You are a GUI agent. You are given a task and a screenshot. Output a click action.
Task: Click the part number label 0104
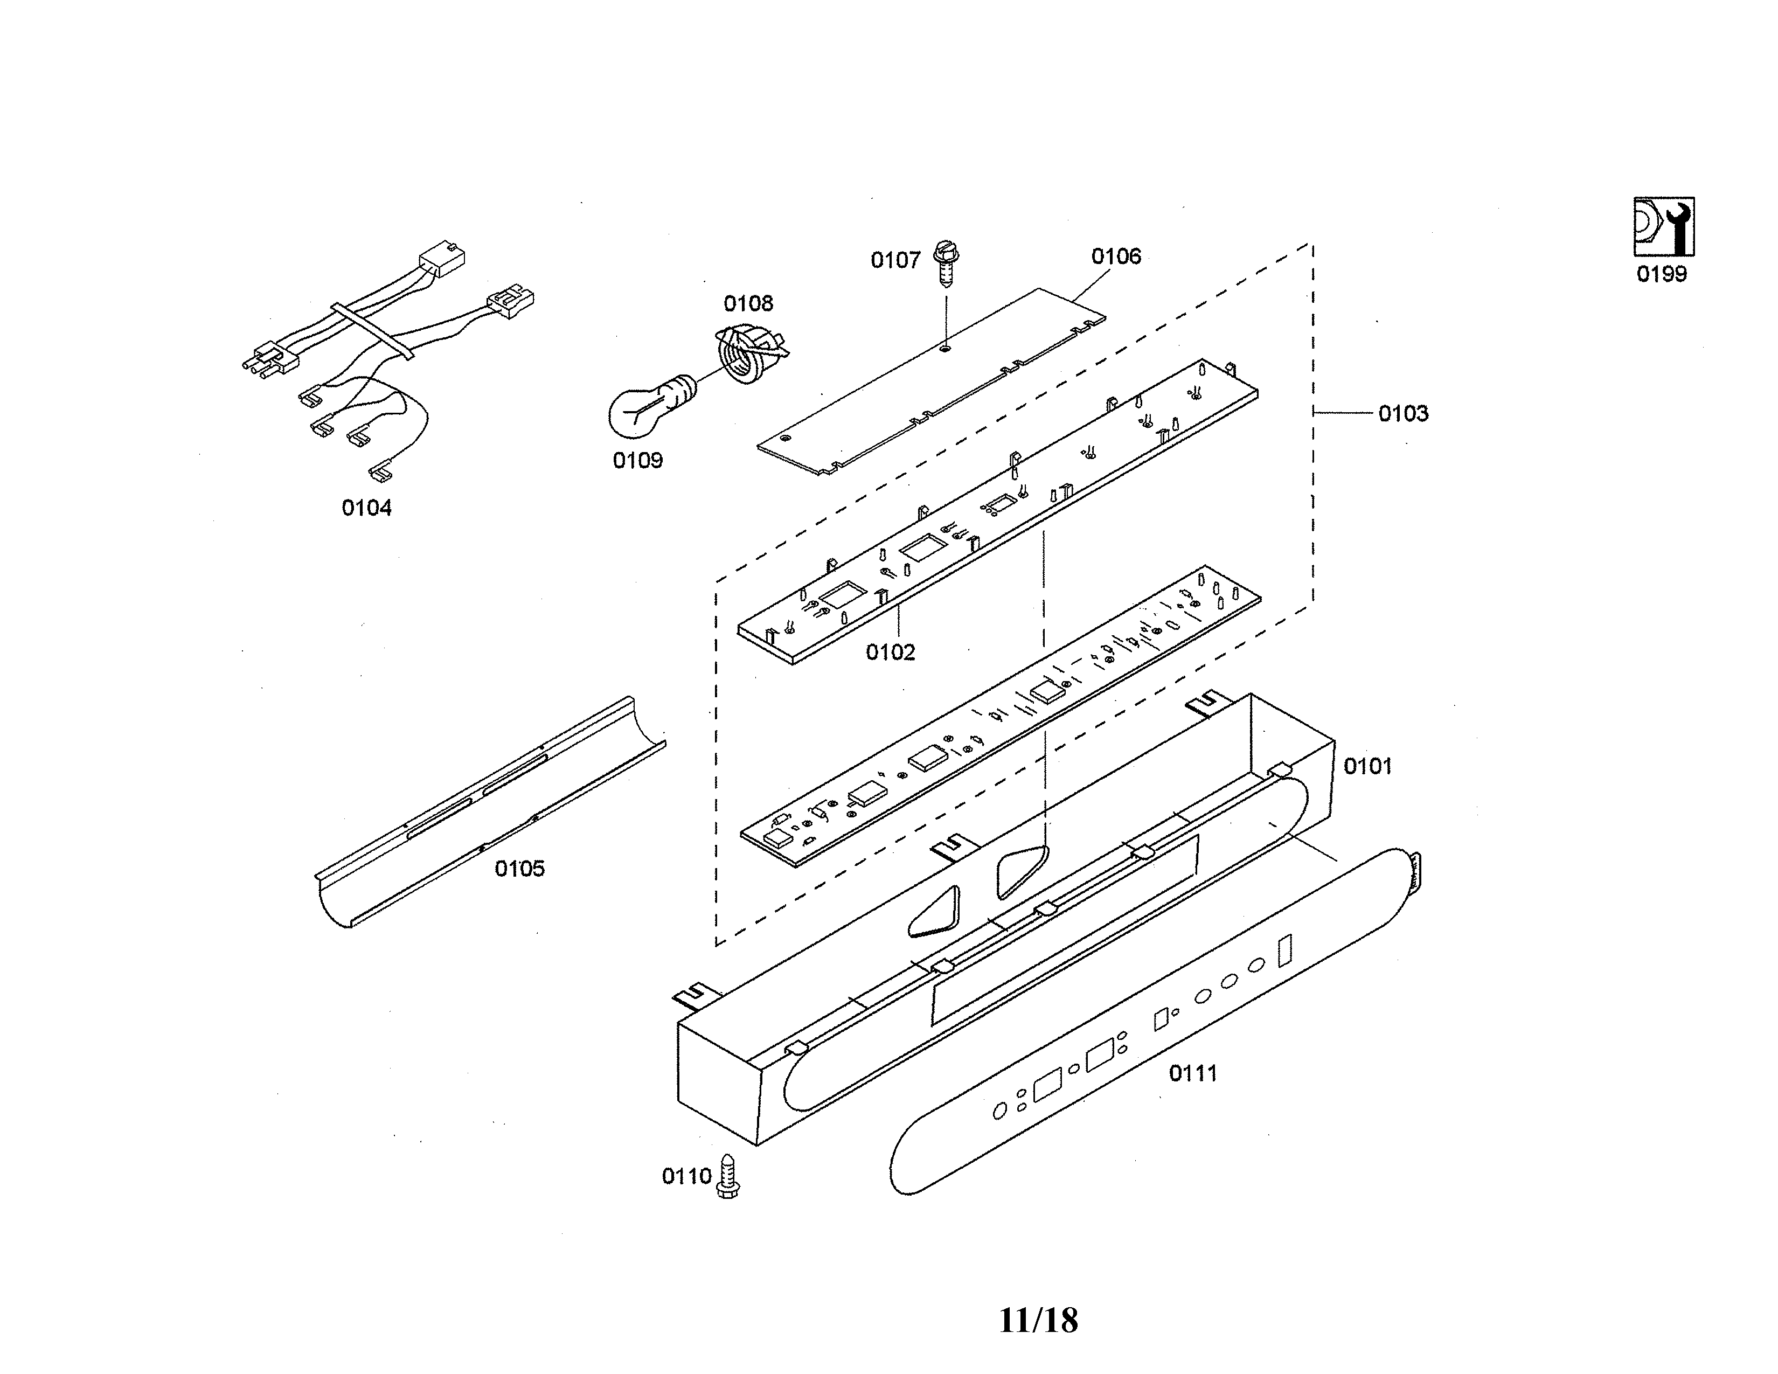click(x=366, y=508)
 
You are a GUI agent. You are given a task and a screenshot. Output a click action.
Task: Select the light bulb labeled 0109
click(x=643, y=410)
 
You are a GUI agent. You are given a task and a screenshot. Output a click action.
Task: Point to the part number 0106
click(x=1116, y=256)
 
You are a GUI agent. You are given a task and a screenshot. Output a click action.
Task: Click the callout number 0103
click(x=1402, y=413)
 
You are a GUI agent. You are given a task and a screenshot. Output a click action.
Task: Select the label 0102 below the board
click(x=890, y=652)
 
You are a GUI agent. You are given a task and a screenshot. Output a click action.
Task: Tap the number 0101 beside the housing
click(x=1367, y=766)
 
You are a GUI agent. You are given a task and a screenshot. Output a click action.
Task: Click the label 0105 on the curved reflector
click(x=519, y=869)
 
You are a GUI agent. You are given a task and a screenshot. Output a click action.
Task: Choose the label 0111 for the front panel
click(x=1193, y=1073)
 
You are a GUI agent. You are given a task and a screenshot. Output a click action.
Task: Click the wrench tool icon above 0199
click(x=1663, y=227)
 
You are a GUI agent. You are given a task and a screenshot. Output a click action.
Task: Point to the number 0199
click(x=1662, y=274)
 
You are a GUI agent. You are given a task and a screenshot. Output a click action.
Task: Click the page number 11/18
click(x=1038, y=1320)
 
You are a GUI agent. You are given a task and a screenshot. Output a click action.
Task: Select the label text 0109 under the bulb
click(x=637, y=461)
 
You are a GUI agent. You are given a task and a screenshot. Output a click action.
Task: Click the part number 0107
click(x=895, y=260)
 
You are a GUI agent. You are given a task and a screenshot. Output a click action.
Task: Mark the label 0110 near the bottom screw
click(x=686, y=1176)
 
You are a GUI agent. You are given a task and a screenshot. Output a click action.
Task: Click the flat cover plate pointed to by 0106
click(x=928, y=383)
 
